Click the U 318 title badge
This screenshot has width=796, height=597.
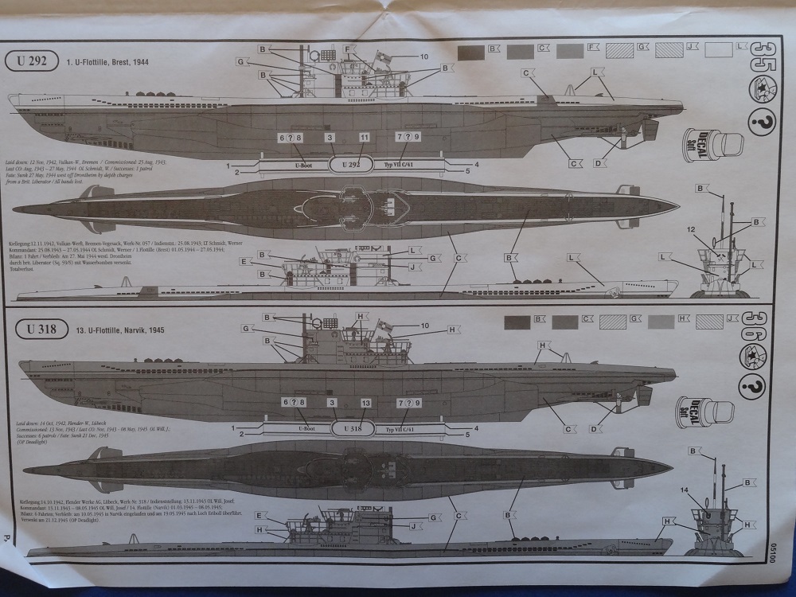click(x=36, y=328)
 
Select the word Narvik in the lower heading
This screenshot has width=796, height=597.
click(x=129, y=329)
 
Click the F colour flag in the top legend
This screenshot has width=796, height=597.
click(x=593, y=49)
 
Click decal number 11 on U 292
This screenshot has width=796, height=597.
click(x=365, y=138)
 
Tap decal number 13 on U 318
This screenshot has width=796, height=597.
click(x=365, y=404)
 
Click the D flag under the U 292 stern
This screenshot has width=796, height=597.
click(x=599, y=163)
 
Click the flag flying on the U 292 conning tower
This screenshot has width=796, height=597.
click(x=383, y=58)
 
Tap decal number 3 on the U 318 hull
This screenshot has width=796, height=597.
click(x=332, y=404)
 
